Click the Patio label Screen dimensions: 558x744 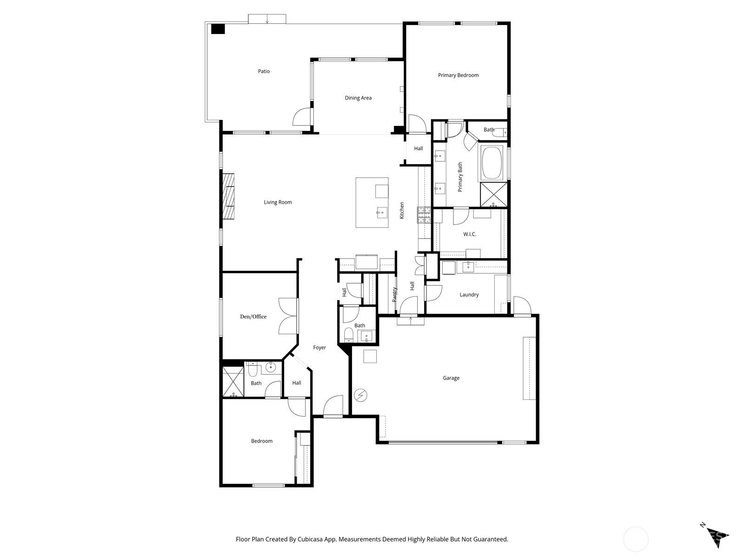[264, 71]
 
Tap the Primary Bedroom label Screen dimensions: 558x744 [458, 75]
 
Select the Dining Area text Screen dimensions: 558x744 [358, 98]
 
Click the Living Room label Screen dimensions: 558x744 [278, 202]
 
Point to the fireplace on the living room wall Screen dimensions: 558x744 [228, 196]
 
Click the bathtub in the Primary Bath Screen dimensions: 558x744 [492, 163]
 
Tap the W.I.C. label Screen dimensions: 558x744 [470, 234]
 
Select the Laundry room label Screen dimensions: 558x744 [469, 294]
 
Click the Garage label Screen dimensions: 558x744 [451, 378]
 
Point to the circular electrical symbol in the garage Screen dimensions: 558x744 [360, 396]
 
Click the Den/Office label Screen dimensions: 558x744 [253, 317]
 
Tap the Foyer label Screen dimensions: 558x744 [319, 347]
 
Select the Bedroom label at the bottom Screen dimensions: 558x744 [261, 441]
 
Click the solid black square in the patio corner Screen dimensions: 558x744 [218, 29]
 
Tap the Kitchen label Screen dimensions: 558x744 [402, 210]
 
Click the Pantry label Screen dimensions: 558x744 [394, 294]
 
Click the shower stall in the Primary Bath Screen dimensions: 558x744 [494, 195]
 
